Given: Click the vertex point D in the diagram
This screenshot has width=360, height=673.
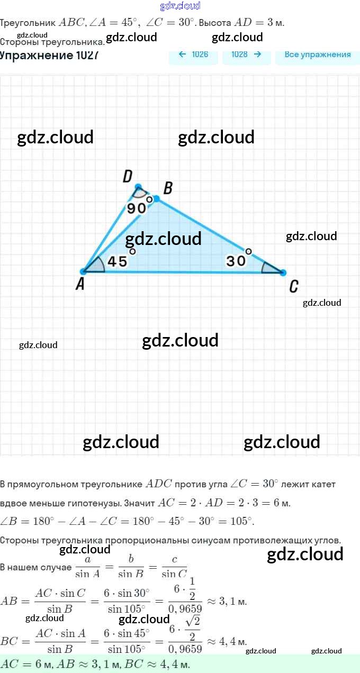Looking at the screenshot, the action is click(x=139, y=187).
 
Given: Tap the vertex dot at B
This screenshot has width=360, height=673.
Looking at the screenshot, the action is click(x=156, y=198).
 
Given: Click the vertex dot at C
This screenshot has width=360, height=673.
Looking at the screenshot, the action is click(x=283, y=272).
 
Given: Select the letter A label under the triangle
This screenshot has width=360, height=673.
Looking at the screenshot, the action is click(x=80, y=285).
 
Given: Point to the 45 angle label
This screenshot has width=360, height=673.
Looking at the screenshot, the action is click(x=117, y=262).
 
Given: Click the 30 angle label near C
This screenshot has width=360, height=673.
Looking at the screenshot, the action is click(x=236, y=261).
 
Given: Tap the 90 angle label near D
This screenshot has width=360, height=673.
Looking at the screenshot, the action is click(x=136, y=208).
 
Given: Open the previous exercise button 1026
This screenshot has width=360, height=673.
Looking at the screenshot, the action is click(x=193, y=54).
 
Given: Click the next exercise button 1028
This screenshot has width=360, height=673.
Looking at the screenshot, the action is click(x=247, y=54).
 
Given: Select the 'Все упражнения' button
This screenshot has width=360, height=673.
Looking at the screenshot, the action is click(x=318, y=54).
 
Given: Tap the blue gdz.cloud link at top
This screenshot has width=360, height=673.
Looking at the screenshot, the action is click(x=180, y=6).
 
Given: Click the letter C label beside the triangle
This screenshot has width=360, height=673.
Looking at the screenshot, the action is click(x=294, y=287).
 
